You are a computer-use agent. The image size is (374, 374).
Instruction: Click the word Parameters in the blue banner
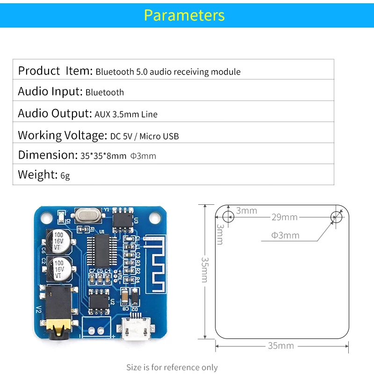tap(184, 15)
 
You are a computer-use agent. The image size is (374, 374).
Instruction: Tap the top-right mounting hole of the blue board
tap(154, 218)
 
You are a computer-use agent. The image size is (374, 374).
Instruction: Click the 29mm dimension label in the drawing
tap(284, 217)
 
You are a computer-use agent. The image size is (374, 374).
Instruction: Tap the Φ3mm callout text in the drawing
tap(285, 235)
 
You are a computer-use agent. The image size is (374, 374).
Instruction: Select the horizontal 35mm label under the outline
tap(280, 346)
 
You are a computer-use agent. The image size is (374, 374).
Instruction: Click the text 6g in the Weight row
tap(65, 176)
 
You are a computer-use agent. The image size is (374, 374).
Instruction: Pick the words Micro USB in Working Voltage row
tap(158, 137)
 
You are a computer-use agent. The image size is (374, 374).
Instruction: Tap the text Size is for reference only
tap(172, 367)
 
